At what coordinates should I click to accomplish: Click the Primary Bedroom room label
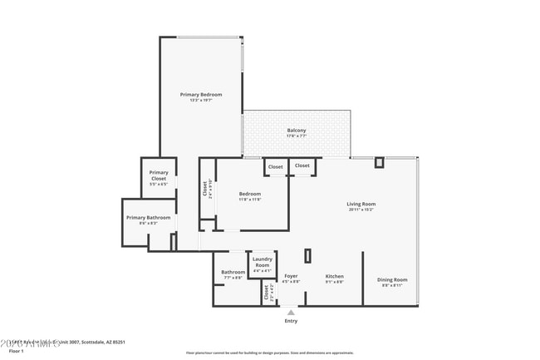click(201, 95)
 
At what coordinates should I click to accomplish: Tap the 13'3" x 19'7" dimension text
click(201, 101)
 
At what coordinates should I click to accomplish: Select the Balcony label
click(297, 130)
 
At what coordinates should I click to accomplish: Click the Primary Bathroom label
click(148, 218)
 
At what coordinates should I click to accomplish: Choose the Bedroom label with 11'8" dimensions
click(250, 194)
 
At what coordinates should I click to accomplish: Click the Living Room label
click(361, 204)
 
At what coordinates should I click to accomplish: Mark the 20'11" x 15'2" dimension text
click(361, 210)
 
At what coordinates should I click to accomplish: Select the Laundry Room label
click(263, 261)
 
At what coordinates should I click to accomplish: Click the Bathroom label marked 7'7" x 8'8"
click(233, 272)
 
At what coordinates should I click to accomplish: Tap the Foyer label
click(291, 276)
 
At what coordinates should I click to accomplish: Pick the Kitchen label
click(334, 276)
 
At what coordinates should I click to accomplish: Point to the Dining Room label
click(392, 279)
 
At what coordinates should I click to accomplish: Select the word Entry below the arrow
click(291, 321)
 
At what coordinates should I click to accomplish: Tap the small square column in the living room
click(379, 162)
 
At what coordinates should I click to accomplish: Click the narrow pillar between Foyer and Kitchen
click(307, 256)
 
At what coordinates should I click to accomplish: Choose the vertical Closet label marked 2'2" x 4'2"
click(266, 293)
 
